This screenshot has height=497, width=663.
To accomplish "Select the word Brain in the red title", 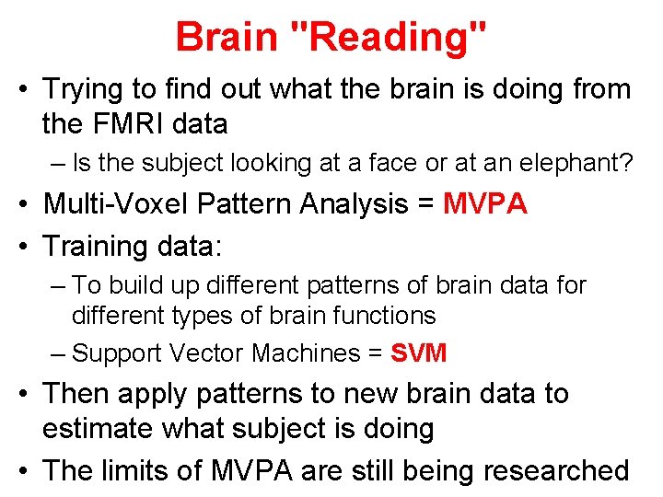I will pos(226,37).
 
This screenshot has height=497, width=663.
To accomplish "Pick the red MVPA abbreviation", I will pos(485,203).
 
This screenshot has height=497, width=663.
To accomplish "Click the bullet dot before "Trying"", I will pos(28,90).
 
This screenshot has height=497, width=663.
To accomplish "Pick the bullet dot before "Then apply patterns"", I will pos(28,394).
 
